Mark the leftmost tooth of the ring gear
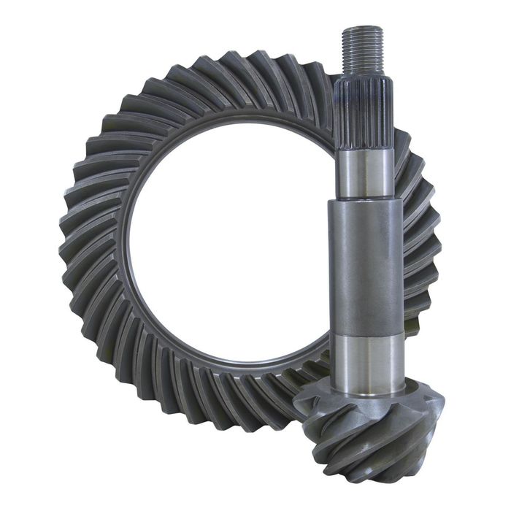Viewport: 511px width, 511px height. (x=69, y=248)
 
